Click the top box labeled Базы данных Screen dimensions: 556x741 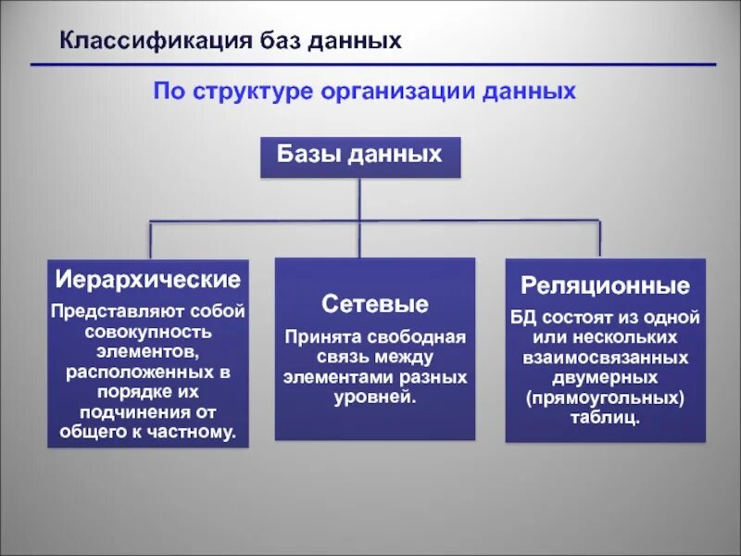pos(359,156)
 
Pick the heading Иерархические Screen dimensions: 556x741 pos(148,279)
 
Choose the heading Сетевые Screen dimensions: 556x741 pos(374,304)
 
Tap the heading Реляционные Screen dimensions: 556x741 pos(605,284)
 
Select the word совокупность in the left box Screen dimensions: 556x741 pos(147,331)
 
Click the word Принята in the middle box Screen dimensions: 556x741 pos(318,336)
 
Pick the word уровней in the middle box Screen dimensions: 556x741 pos(374,398)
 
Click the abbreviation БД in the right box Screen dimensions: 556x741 pos(522,317)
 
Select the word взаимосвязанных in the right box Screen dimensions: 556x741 pos(605,358)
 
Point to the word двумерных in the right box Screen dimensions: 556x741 pos(605,378)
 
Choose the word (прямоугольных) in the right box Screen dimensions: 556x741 pos(605,398)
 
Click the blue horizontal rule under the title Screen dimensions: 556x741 pos(370,64)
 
